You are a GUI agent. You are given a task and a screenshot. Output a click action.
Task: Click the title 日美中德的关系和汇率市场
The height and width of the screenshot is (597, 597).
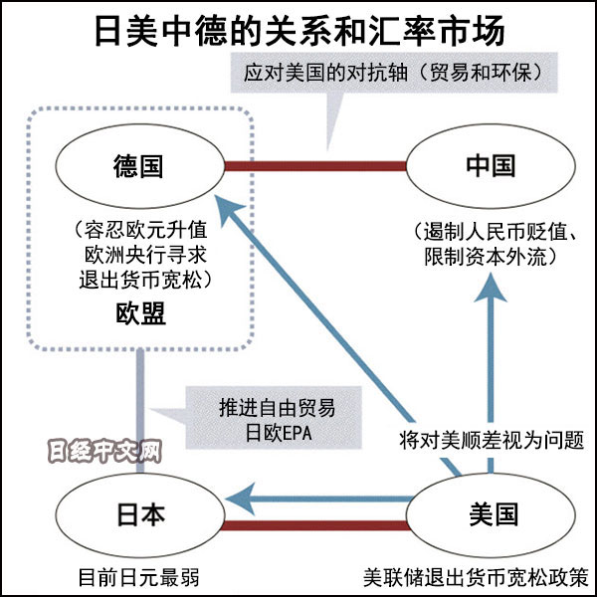(298, 30)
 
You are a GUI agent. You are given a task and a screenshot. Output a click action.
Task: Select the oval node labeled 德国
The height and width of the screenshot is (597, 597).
(139, 164)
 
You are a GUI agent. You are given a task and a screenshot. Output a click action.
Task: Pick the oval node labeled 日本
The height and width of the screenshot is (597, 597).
(139, 514)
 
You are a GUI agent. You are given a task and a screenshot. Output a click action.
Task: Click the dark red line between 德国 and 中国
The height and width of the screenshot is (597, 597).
(317, 165)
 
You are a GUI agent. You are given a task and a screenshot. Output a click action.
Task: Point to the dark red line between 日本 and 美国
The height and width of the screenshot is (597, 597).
(317, 525)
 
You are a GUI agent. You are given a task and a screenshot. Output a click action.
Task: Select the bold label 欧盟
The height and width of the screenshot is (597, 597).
(139, 315)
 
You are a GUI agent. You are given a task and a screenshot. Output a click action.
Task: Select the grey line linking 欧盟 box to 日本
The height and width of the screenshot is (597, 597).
(141, 408)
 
